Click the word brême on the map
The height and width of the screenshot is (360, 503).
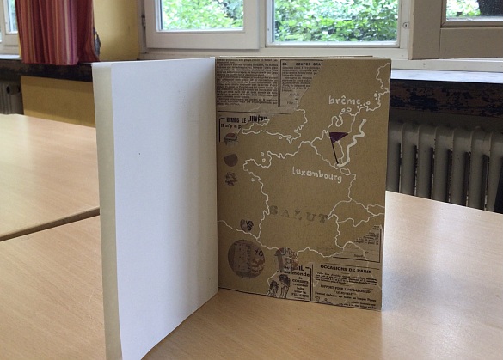pyautogui.click(x=345, y=102)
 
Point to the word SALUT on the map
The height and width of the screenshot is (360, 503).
pyautogui.click(x=298, y=214)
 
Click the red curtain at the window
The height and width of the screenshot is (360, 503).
pyautogui.click(x=56, y=30)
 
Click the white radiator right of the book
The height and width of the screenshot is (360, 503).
pyautogui.click(x=443, y=163)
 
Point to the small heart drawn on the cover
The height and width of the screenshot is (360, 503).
pyautogui.click(x=247, y=225)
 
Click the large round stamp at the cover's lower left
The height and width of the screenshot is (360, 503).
pyautogui.click(x=246, y=258)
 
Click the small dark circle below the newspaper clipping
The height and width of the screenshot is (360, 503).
pyautogui.click(x=231, y=160)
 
